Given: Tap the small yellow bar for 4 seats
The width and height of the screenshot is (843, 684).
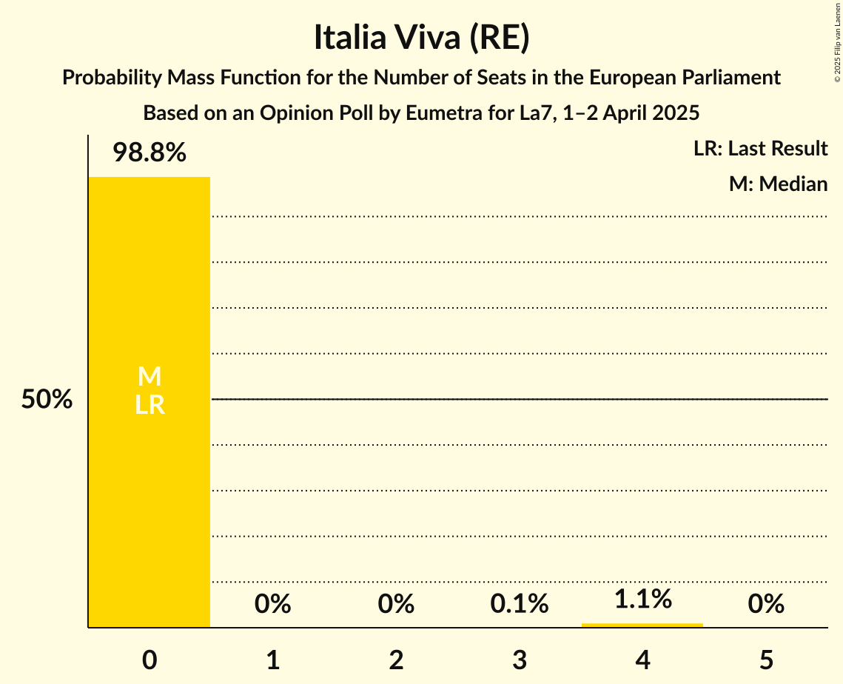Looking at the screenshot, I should click(642, 625).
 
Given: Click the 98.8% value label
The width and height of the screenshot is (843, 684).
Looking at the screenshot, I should click(150, 153).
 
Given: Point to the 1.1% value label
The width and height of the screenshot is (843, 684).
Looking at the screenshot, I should click(642, 599).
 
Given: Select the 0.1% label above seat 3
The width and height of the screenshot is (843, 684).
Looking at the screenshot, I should click(520, 605).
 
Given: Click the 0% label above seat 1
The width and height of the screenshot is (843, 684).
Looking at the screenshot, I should click(272, 605).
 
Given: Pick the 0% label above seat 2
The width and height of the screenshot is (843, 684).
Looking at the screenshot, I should click(396, 605).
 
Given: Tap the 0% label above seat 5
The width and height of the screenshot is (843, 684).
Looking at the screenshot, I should click(765, 605).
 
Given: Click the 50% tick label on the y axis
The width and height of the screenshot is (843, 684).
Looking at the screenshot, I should click(47, 400).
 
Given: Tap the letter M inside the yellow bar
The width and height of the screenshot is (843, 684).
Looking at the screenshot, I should click(150, 377).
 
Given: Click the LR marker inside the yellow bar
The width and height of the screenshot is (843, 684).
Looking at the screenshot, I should click(150, 405).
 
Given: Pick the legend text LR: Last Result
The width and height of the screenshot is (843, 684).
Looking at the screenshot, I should click(760, 149).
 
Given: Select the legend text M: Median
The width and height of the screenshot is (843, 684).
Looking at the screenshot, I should click(778, 184).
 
